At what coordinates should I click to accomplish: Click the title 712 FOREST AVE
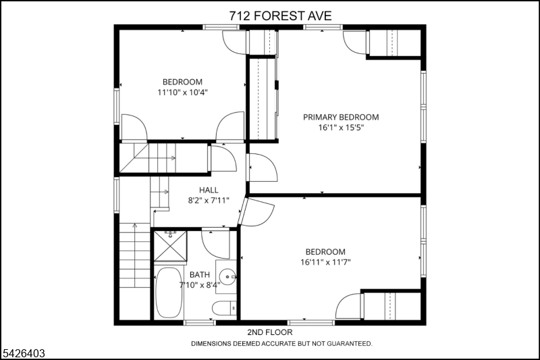pyautogui.click(x=280, y=16)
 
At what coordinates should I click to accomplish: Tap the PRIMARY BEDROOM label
pyautogui.click(x=341, y=117)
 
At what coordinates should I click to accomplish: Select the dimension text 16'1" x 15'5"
pyautogui.click(x=341, y=128)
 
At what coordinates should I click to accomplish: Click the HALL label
pyautogui.click(x=209, y=190)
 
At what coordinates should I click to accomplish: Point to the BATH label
pyautogui.click(x=200, y=275)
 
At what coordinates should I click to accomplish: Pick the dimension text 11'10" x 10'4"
pyautogui.click(x=182, y=93)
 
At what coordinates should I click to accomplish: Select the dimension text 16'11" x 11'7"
pyautogui.click(x=325, y=262)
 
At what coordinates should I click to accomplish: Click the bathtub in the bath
pyautogui.click(x=168, y=292)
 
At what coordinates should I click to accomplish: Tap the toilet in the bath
pyautogui.click(x=224, y=308)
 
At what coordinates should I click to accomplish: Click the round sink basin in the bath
pyautogui.click(x=227, y=277)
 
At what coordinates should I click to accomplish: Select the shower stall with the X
pyautogui.click(x=170, y=247)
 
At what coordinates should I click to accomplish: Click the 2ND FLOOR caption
pyautogui.click(x=270, y=332)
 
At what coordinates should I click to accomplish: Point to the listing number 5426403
pyautogui.click(x=24, y=353)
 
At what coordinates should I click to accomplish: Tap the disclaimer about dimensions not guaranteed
pyautogui.click(x=281, y=344)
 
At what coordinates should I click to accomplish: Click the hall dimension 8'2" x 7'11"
pyautogui.click(x=209, y=201)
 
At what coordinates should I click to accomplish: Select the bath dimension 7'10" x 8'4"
pyautogui.click(x=200, y=285)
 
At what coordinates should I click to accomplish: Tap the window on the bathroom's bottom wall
pyautogui.click(x=200, y=322)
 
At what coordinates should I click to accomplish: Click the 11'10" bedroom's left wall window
pyautogui.click(x=117, y=106)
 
